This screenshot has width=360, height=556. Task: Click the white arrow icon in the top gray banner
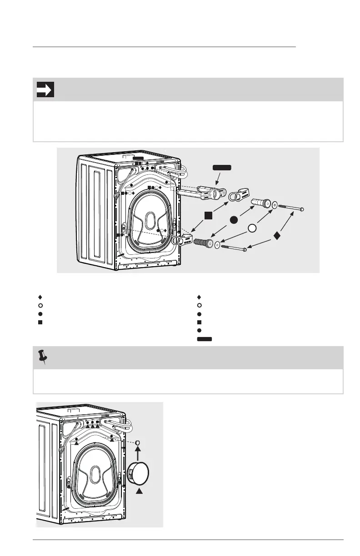click(45, 89)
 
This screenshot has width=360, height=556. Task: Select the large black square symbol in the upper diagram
click(209, 215)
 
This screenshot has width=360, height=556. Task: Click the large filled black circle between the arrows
click(234, 220)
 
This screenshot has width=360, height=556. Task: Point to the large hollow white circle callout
click(253, 228)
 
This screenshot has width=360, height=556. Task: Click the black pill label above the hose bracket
click(221, 168)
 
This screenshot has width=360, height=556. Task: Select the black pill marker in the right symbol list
click(205, 338)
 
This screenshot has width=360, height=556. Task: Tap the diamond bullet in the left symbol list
click(40, 298)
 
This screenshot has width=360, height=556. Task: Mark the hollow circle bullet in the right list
click(199, 306)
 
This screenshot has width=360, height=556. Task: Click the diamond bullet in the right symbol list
click(199, 298)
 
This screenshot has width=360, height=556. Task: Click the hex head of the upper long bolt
click(302, 209)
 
